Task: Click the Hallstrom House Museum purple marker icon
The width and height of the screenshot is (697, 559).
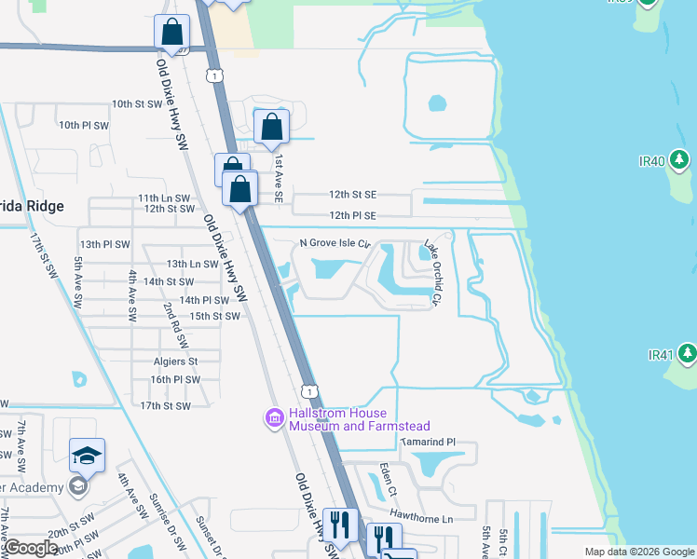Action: pyautogui.click(x=275, y=418)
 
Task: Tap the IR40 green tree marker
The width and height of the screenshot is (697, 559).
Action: pyautogui.click(x=680, y=161)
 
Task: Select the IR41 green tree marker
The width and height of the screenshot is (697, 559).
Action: pyautogui.click(x=686, y=354)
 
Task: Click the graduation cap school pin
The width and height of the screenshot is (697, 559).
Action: pyautogui.click(x=87, y=456)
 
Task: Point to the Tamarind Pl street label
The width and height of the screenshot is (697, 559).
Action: pyautogui.click(x=428, y=442)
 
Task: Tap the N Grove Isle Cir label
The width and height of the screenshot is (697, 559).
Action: pyautogui.click(x=335, y=244)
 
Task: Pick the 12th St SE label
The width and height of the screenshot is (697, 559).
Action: pyautogui.click(x=352, y=195)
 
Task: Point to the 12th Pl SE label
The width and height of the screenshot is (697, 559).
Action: pyautogui.click(x=352, y=215)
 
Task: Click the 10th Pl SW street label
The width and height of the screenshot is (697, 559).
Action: pyautogui.click(x=84, y=125)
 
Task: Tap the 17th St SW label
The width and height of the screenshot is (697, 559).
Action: pyautogui.click(x=165, y=406)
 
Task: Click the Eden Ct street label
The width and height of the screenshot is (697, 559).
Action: pyautogui.click(x=389, y=477)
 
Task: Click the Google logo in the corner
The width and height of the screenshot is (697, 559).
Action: pyautogui.click(x=31, y=549)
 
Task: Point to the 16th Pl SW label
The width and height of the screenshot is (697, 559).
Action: pyautogui.click(x=175, y=379)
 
